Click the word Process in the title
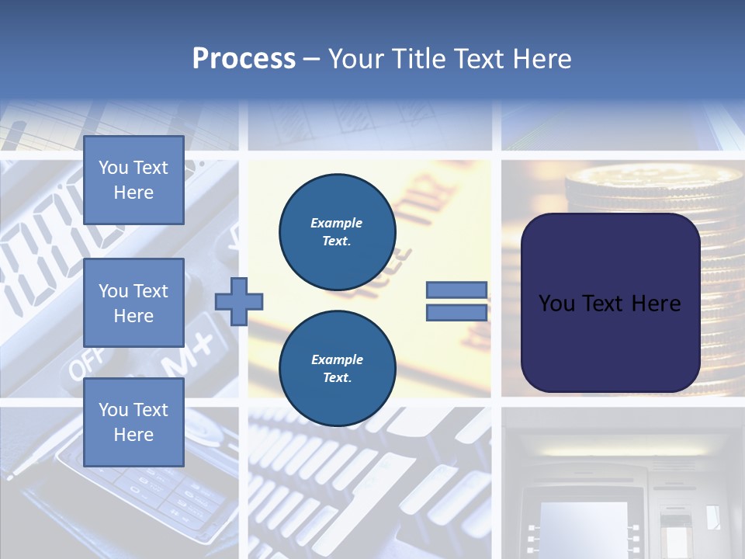tap(244, 59)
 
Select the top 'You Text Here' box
tap(133, 180)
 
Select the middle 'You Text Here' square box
tap(133, 303)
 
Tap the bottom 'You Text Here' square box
tap(133, 422)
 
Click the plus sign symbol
tap(239, 301)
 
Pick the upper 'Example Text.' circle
tap(337, 232)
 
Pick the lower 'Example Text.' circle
tap(337, 369)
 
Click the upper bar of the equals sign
tap(457, 290)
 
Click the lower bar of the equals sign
tap(457, 313)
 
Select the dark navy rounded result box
tap(610, 303)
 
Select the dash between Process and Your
tap(311, 59)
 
